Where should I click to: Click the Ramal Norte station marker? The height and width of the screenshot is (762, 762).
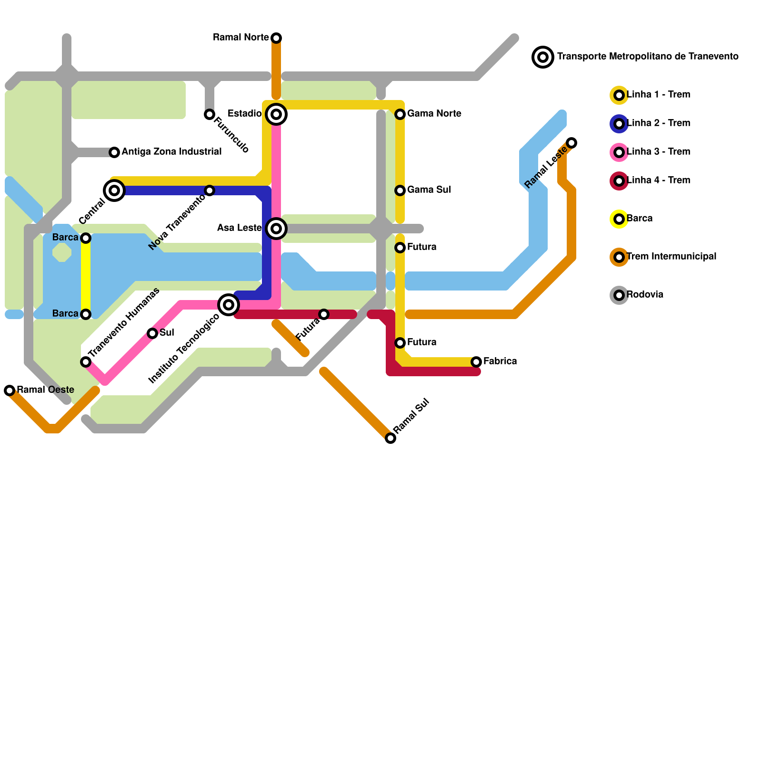pyautogui.click(x=276, y=38)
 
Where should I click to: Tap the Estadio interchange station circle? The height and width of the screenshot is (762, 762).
pyautogui.click(x=276, y=114)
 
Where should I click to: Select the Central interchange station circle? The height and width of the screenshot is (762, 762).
pyautogui.click(x=114, y=190)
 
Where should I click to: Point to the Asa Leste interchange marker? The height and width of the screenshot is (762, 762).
pyautogui.click(x=276, y=229)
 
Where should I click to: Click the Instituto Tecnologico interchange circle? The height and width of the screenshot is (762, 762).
pyautogui.click(x=229, y=305)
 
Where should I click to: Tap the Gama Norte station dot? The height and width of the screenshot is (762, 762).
pyautogui.click(x=400, y=114)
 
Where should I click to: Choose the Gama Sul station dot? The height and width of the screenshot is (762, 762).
pyautogui.click(x=400, y=190)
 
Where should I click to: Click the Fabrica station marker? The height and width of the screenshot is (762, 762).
pyautogui.click(x=476, y=362)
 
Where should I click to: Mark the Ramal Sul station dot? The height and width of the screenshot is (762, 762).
pyautogui.click(x=391, y=438)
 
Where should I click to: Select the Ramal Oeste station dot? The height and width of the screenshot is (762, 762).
pyautogui.click(x=10, y=391)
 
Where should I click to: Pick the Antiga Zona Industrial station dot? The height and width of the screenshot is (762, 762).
pyautogui.click(x=114, y=152)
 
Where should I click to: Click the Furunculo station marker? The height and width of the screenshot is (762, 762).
pyautogui.click(x=210, y=114)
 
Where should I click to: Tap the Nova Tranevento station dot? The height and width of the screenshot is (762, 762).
pyautogui.click(x=210, y=190)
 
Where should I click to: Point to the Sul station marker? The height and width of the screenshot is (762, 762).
pyautogui.click(x=152, y=333)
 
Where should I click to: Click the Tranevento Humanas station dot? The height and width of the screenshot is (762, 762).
pyautogui.click(x=86, y=362)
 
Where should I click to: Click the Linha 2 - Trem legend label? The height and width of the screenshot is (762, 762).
pyautogui.click(x=658, y=123)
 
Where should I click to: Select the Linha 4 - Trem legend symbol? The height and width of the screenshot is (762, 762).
pyautogui.click(x=619, y=181)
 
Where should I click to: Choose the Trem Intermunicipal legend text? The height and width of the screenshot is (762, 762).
pyautogui.click(x=672, y=257)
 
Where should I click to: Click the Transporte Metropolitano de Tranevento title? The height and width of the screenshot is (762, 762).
pyautogui.click(x=648, y=57)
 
